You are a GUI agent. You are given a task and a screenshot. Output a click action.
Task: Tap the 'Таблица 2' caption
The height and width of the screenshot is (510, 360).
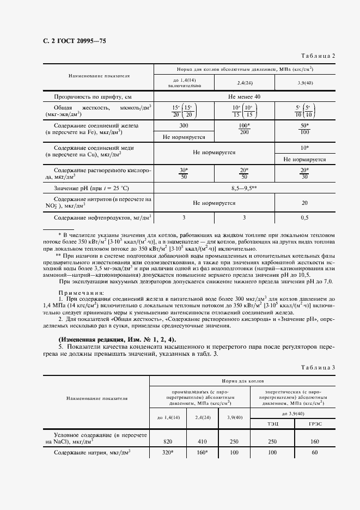318,56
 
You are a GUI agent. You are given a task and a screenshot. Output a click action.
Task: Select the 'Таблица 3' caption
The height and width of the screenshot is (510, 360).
318,368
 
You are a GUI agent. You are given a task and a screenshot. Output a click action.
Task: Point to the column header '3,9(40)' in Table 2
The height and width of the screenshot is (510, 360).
305,83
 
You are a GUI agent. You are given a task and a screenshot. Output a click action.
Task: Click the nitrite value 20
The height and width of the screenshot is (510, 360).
305,203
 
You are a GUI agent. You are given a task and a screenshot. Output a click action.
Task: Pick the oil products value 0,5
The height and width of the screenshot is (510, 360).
305,218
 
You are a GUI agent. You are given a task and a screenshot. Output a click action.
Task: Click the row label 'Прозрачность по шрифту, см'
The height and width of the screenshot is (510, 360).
93,96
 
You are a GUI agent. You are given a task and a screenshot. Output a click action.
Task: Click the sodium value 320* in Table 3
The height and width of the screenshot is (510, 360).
168,453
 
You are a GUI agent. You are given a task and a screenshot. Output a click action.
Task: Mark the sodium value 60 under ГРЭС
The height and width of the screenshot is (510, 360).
314,453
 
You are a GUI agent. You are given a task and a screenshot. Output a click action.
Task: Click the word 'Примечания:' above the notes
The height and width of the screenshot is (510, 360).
83,293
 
